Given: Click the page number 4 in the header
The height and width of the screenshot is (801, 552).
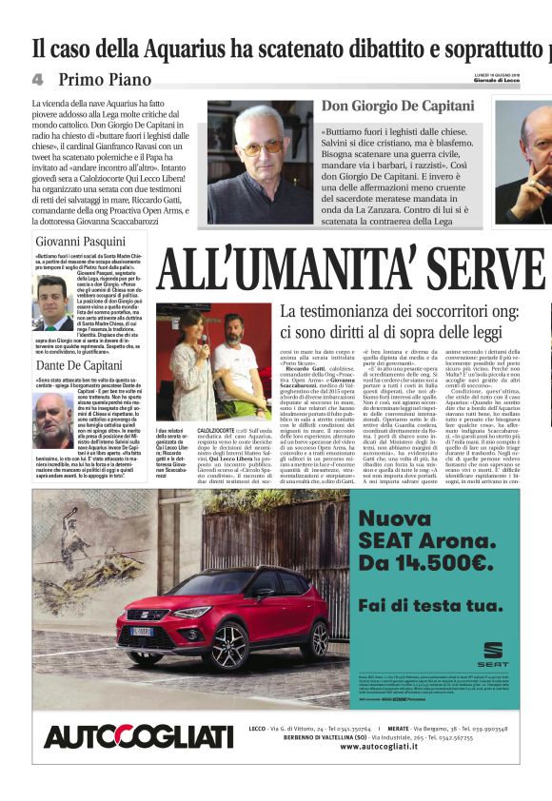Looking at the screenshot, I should [x=37, y=78].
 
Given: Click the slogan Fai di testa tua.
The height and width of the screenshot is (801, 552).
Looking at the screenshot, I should [x=428, y=604].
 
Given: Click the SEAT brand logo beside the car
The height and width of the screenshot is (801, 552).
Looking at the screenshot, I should [x=492, y=654].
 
